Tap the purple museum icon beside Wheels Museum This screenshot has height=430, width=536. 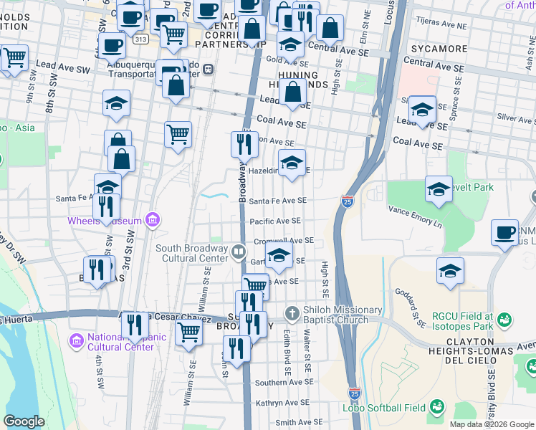152,220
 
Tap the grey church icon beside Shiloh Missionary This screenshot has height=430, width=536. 291,313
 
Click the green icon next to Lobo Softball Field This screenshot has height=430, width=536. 436,408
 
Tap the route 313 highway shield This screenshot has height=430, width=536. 140,39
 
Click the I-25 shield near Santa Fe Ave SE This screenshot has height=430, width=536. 347,202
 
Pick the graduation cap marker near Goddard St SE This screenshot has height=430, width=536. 450,270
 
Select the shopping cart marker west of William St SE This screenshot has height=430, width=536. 188,332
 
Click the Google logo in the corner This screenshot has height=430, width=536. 24,421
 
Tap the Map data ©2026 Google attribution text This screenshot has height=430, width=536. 491,424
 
